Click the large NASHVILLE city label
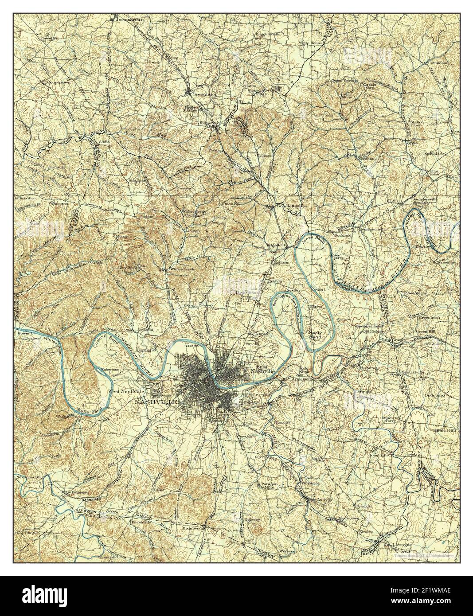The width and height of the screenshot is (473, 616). coord(156,402)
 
